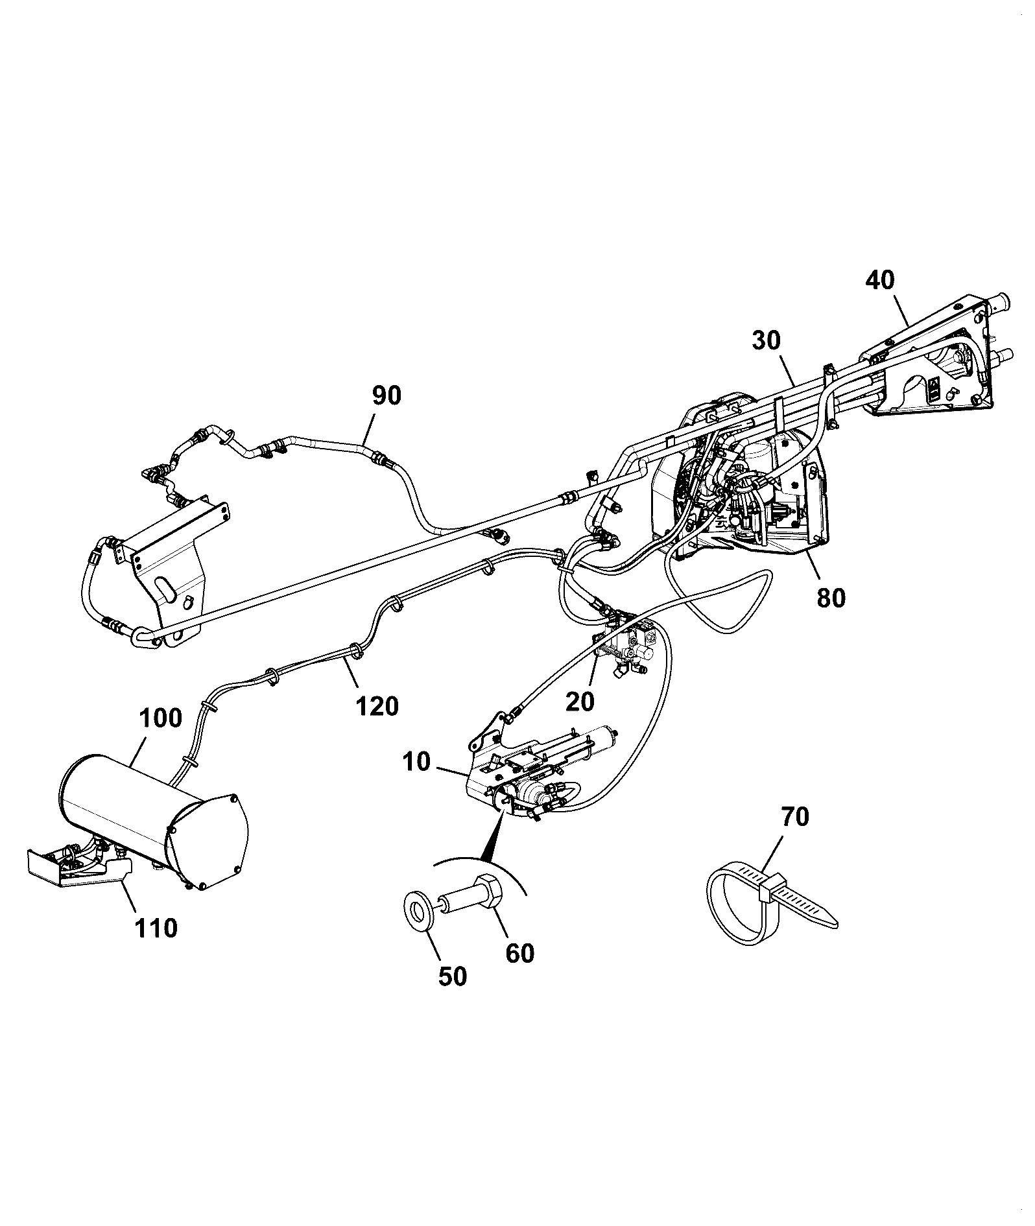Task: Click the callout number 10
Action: point(416,762)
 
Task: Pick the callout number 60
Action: point(519,953)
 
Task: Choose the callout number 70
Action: point(794,817)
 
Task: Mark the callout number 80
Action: point(831,598)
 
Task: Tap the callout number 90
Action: point(387,395)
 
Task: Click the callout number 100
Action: point(160,718)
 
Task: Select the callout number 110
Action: point(156,928)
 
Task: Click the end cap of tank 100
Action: point(208,842)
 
